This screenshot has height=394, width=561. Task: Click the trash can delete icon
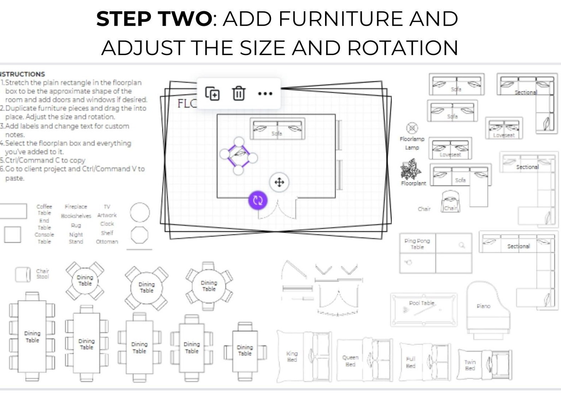[238, 93]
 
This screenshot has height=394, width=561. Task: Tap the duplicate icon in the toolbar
[212, 93]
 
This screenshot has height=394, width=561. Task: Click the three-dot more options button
[265, 93]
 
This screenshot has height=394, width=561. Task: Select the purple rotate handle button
[258, 200]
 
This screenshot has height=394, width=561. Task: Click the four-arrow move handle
[279, 182]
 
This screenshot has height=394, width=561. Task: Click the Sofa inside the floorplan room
[277, 129]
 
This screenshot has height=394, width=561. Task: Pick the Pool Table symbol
[423, 309]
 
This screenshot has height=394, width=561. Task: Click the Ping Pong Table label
[417, 244]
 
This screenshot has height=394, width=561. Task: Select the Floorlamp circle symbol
[412, 128]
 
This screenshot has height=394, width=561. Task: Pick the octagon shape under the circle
[140, 235]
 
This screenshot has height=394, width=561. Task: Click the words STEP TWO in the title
[154, 19]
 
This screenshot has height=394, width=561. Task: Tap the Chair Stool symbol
[23, 274]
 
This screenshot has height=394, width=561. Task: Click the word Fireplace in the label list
[76, 207]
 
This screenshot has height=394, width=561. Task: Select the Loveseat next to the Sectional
[504, 128]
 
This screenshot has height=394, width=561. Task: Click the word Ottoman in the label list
[107, 242]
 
